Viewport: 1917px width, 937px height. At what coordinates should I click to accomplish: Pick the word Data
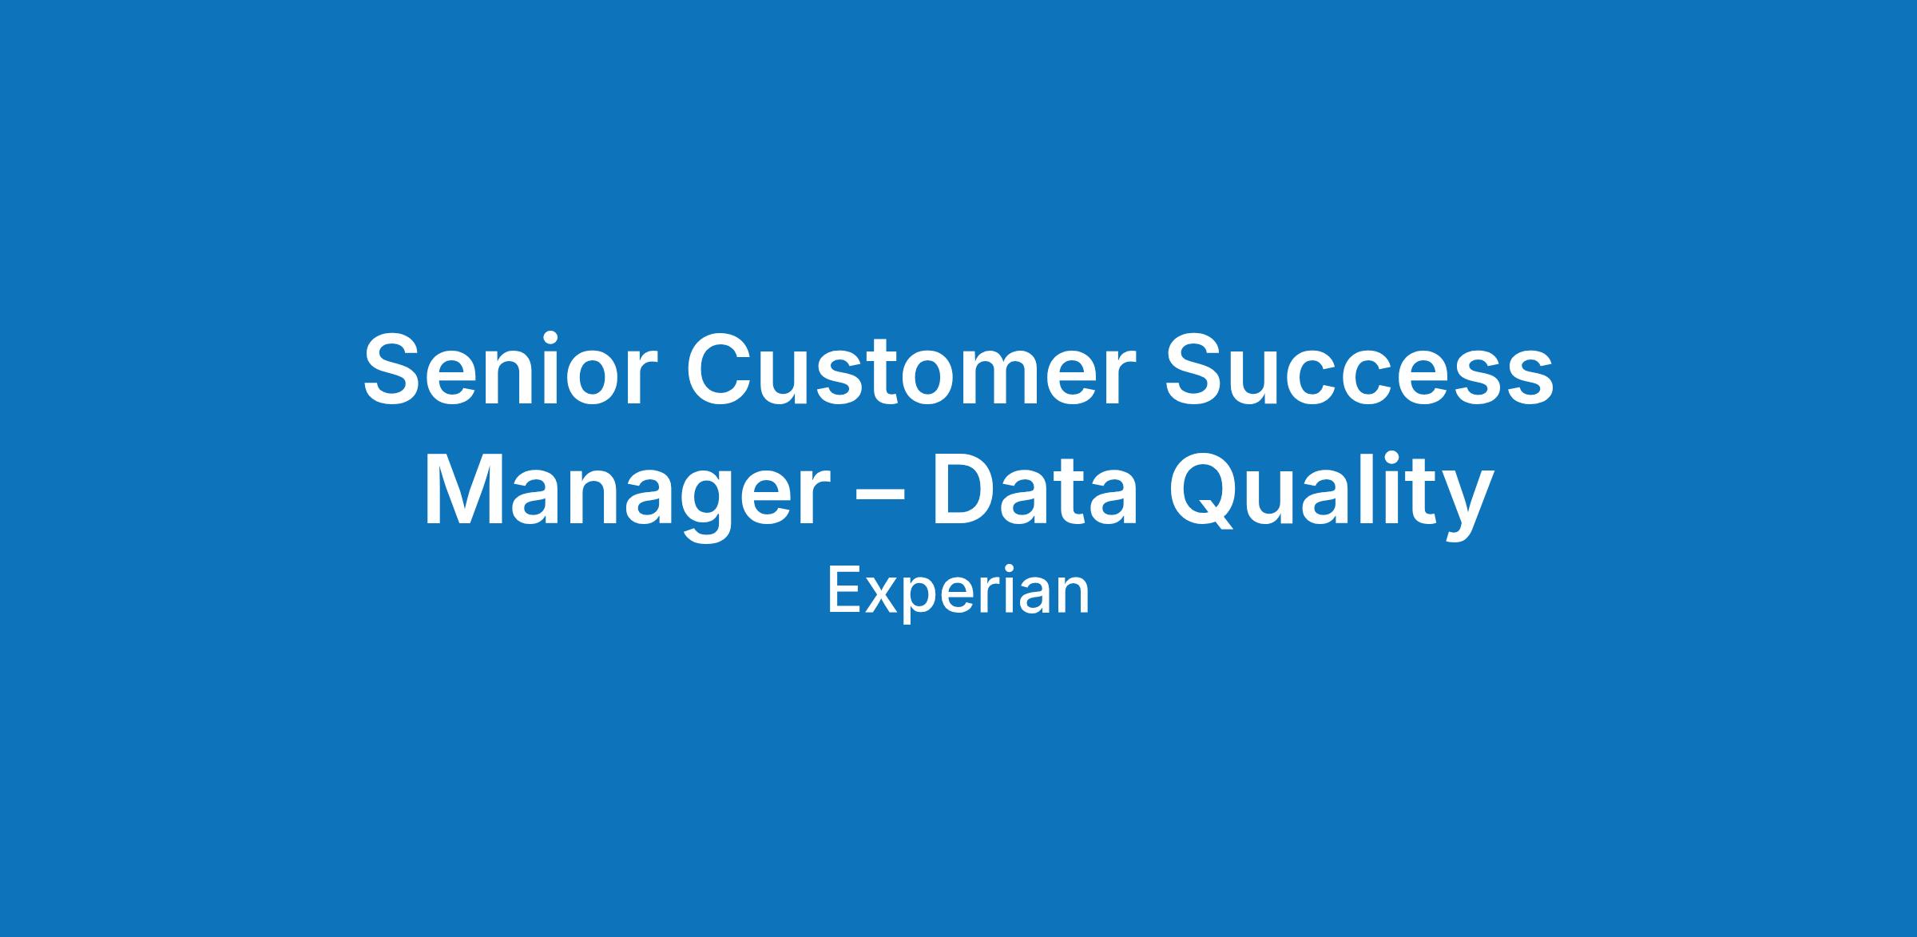1034,489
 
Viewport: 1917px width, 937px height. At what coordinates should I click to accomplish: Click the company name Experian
958,593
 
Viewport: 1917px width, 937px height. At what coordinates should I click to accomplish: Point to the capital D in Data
966,489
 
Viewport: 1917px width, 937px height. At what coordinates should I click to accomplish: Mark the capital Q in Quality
1205,492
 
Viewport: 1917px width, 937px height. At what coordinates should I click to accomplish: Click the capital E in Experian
843,591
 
